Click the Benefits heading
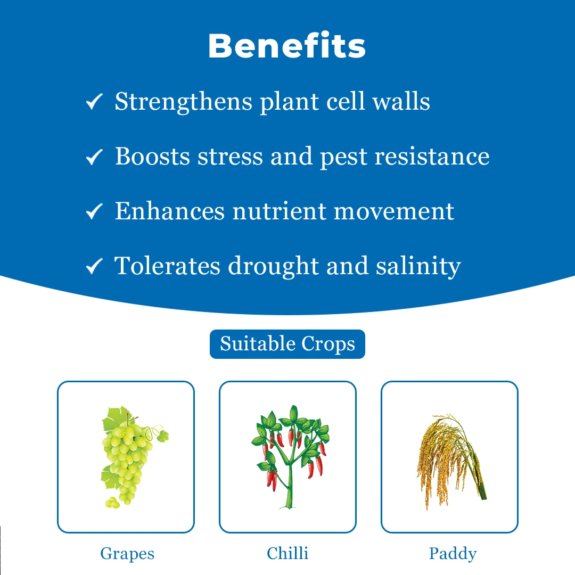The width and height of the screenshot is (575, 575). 287,45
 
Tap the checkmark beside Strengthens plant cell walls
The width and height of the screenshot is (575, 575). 94,102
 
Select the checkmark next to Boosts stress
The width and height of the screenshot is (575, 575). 94,157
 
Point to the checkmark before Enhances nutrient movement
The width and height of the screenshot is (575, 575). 94,211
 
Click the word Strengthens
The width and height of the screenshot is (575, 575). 184,102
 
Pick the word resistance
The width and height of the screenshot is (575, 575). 432,157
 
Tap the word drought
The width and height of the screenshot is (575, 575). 273,267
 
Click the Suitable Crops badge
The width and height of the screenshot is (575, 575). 287,344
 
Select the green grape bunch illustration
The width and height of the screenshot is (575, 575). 132,457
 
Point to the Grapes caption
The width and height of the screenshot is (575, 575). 127,554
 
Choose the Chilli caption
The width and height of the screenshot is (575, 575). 287,553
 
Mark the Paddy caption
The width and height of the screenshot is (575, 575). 453,554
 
